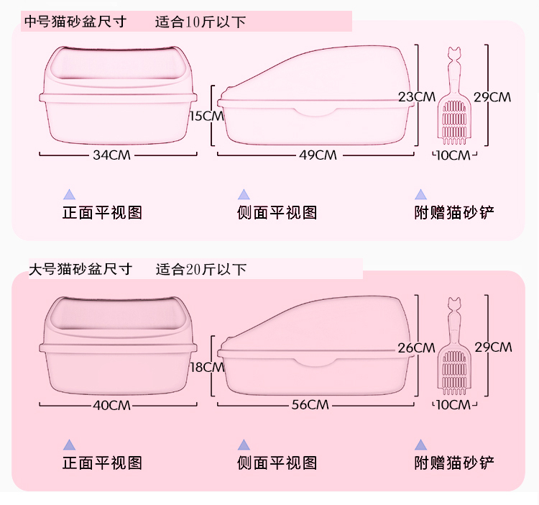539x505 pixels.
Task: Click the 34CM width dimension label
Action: (111, 155)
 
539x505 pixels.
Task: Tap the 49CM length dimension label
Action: (318, 155)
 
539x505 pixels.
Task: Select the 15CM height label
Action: (206, 116)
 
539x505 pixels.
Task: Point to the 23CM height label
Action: (417, 96)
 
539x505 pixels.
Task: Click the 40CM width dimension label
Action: (111, 405)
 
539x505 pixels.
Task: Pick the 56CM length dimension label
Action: (310, 405)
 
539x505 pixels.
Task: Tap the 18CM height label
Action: (207, 368)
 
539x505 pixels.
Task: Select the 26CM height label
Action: (417, 347)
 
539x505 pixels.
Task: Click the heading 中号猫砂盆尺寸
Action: (75, 22)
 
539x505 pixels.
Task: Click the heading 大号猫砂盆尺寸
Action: (80, 269)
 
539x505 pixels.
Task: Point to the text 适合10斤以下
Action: (201, 22)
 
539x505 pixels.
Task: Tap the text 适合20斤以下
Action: (201, 269)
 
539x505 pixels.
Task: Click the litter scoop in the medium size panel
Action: (453, 96)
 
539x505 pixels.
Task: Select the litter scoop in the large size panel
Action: (453, 346)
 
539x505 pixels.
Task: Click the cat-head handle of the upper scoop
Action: (453, 55)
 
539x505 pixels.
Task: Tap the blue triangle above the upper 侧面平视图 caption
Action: (244, 194)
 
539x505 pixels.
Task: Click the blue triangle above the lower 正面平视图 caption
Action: (70, 445)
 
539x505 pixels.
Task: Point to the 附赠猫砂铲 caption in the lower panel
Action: (454, 463)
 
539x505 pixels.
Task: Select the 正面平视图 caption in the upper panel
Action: (102, 213)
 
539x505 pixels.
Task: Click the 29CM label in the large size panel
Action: (493, 347)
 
